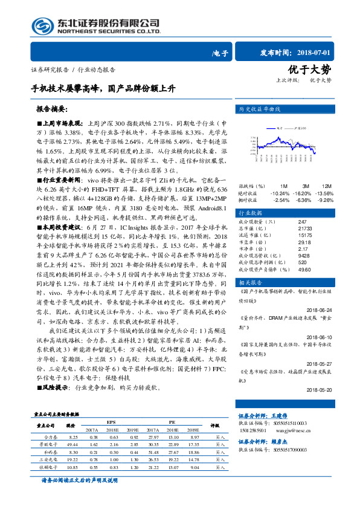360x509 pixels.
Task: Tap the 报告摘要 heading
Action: [x=53, y=110]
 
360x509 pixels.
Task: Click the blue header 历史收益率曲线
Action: [x=261, y=110]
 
